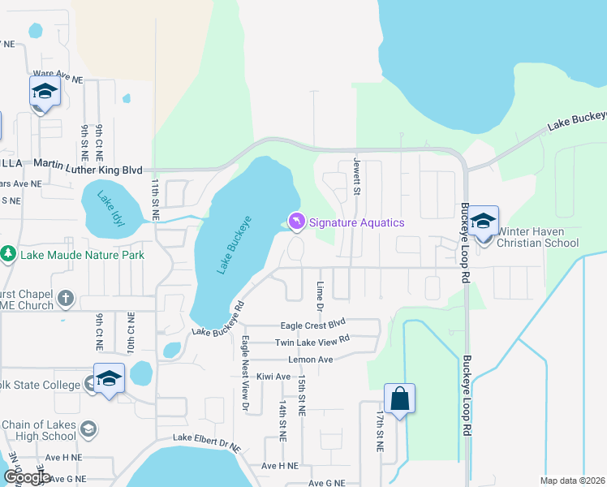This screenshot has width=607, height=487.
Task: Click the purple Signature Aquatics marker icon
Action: (x=297, y=222)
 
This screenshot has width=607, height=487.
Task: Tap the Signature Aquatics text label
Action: (x=356, y=222)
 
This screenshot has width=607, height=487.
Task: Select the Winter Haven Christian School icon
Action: (x=483, y=222)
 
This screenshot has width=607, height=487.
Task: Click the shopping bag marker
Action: (x=399, y=399)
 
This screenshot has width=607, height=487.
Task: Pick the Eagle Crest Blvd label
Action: (x=313, y=325)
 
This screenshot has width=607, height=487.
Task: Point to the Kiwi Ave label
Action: (x=272, y=377)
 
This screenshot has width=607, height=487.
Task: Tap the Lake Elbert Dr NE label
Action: (x=207, y=442)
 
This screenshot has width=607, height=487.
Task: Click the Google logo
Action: (x=26, y=477)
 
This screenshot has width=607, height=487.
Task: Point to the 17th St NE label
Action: (x=379, y=431)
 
